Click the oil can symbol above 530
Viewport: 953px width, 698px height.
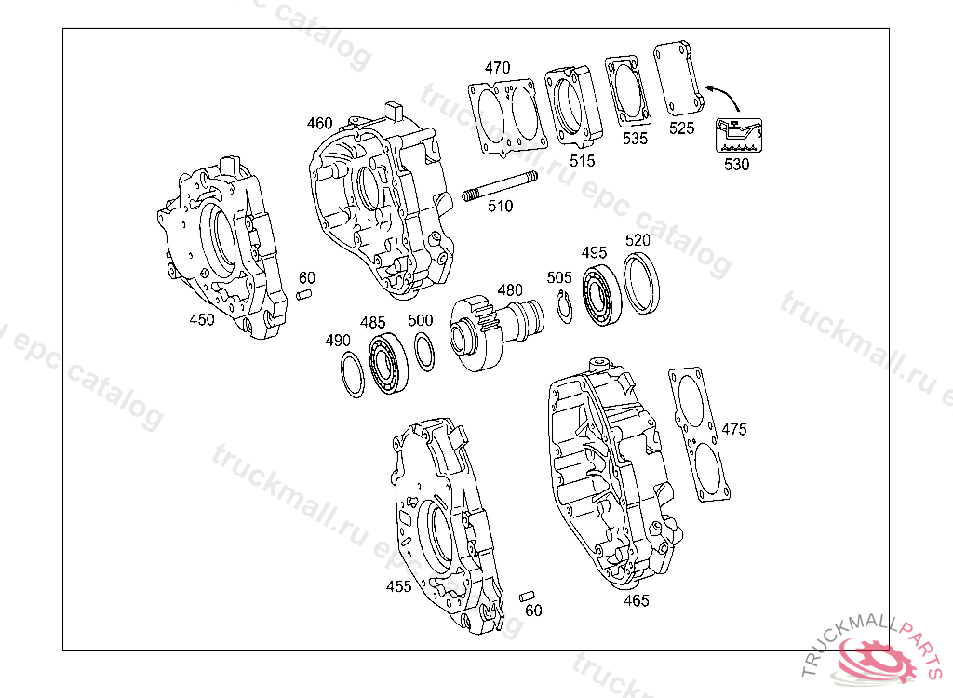pos(738,135)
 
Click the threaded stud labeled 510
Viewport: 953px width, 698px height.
pos(500,185)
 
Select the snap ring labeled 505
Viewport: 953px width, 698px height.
pos(565,307)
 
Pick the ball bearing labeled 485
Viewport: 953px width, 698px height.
pos(389,363)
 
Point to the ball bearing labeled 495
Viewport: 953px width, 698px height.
pos(602,296)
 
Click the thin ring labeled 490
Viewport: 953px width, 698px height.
pos(352,374)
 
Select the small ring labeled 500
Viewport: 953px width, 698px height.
pos(424,352)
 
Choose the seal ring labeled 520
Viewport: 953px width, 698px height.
pos(642,283)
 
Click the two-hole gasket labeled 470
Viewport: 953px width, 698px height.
pos(507,114)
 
